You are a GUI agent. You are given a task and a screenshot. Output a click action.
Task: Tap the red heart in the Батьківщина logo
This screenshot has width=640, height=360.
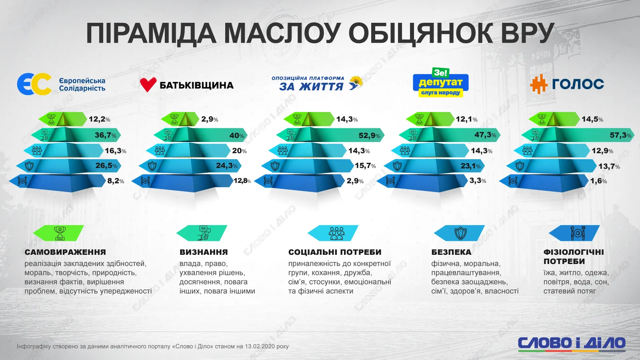pyautogui.click(x=148, y=84)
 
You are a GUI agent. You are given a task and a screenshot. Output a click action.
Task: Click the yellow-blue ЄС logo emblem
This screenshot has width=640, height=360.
pyautogui.click(x=34, y=84)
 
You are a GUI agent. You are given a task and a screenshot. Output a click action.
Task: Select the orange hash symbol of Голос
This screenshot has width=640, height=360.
pyautogui.click(x=538, y=84)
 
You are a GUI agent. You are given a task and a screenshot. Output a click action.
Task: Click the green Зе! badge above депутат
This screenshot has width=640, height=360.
pyautogui.click(x=440, y=73)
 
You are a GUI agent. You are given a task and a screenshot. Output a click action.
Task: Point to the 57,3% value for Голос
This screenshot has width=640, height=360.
pyautogui.click(x=620, y=135)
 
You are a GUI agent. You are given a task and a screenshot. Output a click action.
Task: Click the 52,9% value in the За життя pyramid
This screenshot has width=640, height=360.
pyautogui.click(x=369, y=136)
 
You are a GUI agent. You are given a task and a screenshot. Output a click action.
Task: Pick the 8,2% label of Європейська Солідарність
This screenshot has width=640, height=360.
pyautogui.click(x=116, y=181)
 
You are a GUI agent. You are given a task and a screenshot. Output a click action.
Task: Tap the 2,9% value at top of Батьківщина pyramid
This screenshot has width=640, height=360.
pyautogui.click(x=210, y=119)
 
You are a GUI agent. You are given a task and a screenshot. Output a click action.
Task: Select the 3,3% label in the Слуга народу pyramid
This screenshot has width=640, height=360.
pyautogui.click(x=478, y=180)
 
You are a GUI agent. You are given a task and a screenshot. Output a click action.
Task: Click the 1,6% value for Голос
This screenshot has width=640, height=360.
pyautogui.click(x=598, y=181)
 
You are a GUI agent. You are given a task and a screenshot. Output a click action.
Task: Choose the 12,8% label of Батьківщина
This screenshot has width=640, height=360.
pyautogui.click(x=242, y=181)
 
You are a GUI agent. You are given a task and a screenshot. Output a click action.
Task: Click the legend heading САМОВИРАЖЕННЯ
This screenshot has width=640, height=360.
pyautogui.click(x=65, y=252)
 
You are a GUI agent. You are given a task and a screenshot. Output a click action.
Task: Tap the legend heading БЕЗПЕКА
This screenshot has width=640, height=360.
pyautogui.click(x=452, y=252)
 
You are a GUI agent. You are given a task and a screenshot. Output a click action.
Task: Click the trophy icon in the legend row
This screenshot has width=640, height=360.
pyautogui.click(x=60, y=233)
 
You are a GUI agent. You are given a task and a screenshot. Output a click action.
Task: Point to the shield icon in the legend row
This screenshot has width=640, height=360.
pyautogui.click(x=460, y=233)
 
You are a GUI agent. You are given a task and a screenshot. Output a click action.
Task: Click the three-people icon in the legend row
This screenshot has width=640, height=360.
pyautogui.click(x=336, y=233)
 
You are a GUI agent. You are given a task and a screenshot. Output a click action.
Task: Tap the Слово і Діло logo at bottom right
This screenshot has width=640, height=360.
pyautogui.click(x=572, y=344)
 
